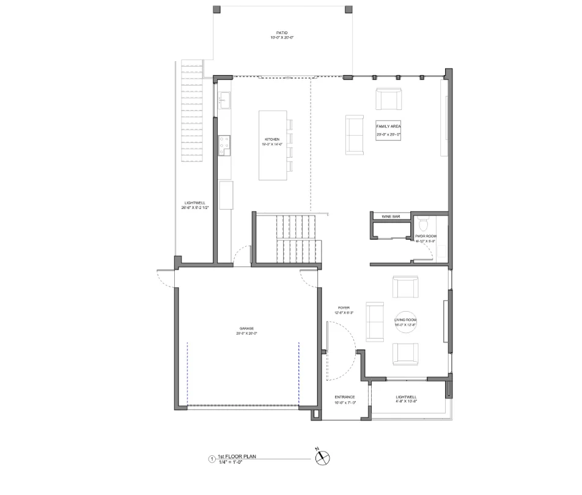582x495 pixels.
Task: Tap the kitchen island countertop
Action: click(273, 145)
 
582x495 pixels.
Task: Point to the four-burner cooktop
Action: click(224, 143)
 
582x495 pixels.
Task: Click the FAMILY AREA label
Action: click(388, 127)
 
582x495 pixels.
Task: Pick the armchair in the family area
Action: click(389, 99)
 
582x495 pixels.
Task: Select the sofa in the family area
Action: click(354, 134)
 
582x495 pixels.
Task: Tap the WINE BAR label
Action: click(391, 216)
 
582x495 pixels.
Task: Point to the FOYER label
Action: click(344, 308)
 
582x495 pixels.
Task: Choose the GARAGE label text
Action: click(247, 329)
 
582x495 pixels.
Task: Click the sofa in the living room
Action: click(374, 321)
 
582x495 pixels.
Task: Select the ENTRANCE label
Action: click(345, 397)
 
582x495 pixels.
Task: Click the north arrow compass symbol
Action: click(322, 458)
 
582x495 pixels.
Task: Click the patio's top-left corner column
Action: click(216, 9)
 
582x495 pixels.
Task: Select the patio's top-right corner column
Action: click(348, 9)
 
